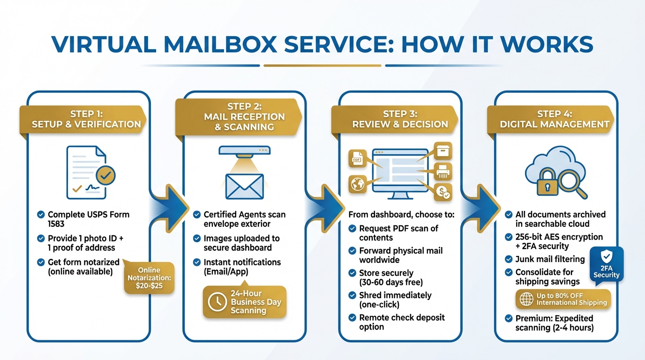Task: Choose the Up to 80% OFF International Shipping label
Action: (x=563, y=299)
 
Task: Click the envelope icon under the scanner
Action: (x=244, y=187)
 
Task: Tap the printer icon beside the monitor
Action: (x=442, y=171)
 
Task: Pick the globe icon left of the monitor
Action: (x=358, y=184)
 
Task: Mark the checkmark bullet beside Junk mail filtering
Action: (x=508, y=259)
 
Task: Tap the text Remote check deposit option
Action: (x=402, y=322)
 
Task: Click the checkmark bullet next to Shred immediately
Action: (x=352, y=295)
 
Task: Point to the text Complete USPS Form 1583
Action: (x=89, y=219)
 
